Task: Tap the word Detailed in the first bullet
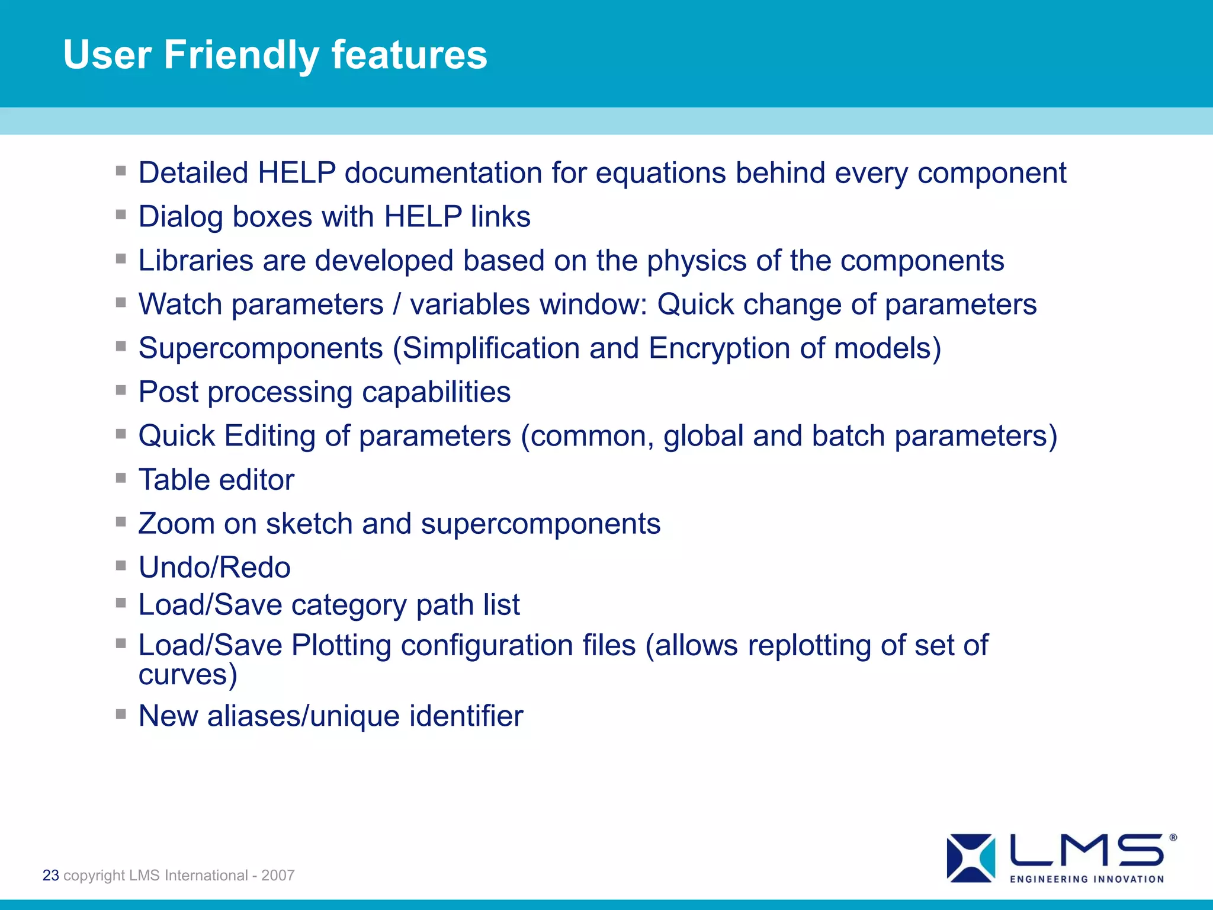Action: click(x=193, y=173)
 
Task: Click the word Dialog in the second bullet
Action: click(x=181, y=217)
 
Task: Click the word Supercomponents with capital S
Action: click(x=261, y=348)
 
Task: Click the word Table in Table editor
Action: click(x=174, y=480)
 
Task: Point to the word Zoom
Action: click(x=176, y=524)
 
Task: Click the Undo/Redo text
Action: click(x=214, y=568)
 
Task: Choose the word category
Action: click(x=348, y=605)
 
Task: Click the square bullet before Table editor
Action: click(x=121, y=478)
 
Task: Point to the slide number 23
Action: click(x=51, y=875)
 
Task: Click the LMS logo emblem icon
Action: click(x=971, y=858)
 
